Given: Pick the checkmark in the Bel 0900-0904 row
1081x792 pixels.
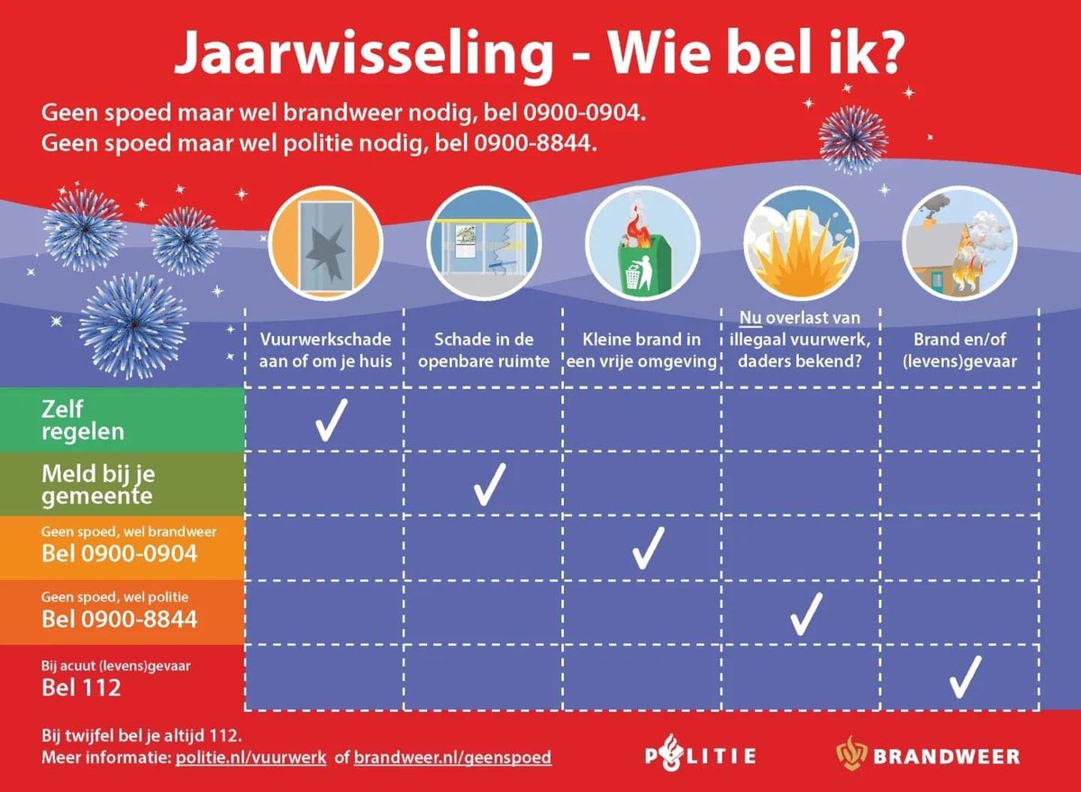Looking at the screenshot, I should pyautogui.click(x=648, y=548).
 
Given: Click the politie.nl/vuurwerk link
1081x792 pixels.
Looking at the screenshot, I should pyautogui.click(x=249, y=757).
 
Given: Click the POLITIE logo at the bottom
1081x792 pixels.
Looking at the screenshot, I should pyautogui.click(x=700, y=755).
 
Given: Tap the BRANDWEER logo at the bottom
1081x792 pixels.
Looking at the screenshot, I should pyautogui.click(x=928, y=755).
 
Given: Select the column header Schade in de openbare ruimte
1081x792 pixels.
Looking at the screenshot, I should pyautogui.click(x=484, y=350).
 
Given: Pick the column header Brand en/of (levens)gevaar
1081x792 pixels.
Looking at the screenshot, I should pyautogui.click(x=959, y=350).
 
